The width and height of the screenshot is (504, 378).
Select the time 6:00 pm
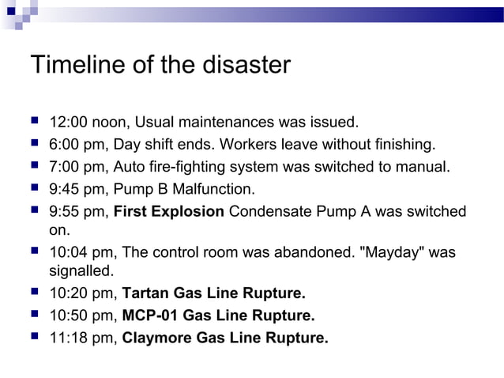pos(77,145)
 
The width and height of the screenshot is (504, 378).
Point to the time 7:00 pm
pos(77,167)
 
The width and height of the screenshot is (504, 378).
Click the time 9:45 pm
pos(77,189)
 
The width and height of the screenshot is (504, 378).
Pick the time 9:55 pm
pos(77,211)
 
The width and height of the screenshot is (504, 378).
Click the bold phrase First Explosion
pos(170,211)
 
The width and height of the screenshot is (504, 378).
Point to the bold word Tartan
pos(147,294)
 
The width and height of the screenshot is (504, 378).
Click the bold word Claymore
pos(159,338)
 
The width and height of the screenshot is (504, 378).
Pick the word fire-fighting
pos(199,167)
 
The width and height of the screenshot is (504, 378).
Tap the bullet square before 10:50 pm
pos(36,316)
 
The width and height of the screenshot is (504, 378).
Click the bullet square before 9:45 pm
pos(36,188)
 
